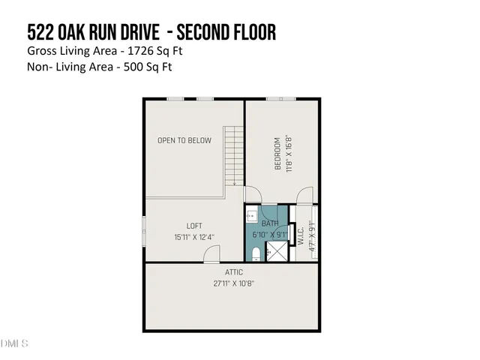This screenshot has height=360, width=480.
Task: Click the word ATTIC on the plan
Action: click(233, 271)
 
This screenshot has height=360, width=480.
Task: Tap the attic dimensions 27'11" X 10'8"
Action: click(233, 283)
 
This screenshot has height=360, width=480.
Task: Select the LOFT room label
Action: click(194, 226)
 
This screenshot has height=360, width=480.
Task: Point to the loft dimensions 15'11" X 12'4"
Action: click(194, 237)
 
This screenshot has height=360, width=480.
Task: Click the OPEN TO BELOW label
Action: click(184, 140)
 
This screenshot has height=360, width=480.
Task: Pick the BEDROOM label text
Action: click(277, 153)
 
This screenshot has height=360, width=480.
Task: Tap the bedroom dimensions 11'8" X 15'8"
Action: click(287, 153)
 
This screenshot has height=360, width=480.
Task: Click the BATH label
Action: click(269, 222)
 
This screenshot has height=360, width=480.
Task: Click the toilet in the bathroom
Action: click(255, 252)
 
